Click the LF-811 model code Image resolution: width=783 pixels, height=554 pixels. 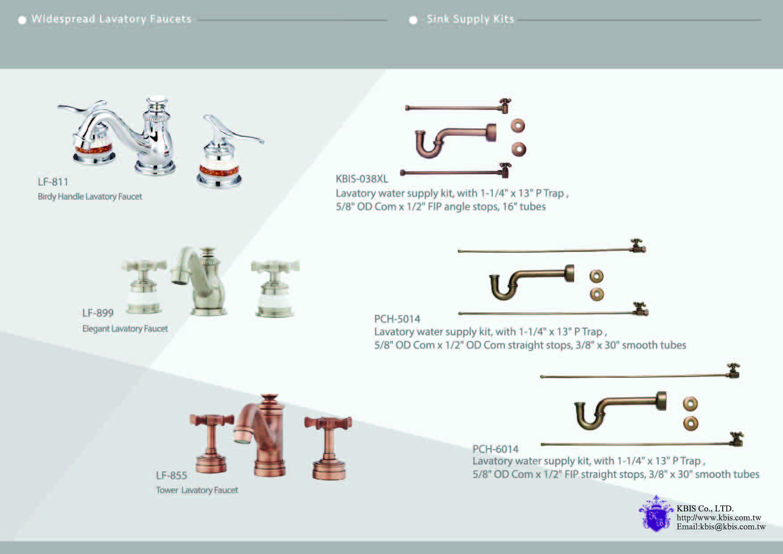point(53,182)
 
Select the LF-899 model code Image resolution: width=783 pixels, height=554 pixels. point(98,313)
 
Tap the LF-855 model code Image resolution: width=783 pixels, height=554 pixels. point(171,475)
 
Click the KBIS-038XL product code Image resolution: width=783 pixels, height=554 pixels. point(362,179)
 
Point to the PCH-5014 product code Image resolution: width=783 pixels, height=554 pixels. point(397,319)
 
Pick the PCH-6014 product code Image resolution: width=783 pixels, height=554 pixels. point(496,449)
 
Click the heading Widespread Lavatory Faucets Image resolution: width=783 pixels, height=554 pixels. point(111,19)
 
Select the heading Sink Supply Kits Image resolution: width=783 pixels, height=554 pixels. point(470,19)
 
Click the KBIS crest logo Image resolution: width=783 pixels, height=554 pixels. point(656,514)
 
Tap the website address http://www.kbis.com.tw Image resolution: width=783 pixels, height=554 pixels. point(719,518)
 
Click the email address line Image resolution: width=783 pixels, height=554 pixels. point(721,527)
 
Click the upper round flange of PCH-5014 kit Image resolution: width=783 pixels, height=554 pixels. point(596,276)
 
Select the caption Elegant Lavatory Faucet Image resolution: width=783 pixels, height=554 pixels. point(125,329)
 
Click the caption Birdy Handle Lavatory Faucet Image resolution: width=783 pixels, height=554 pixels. point(90,197)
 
